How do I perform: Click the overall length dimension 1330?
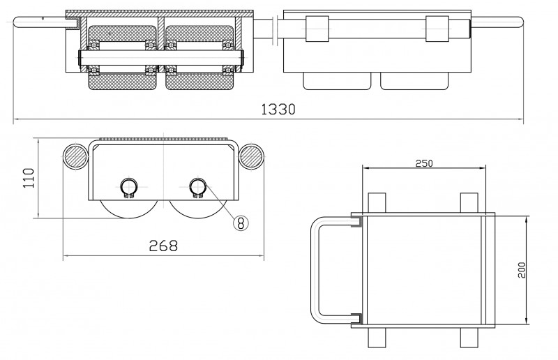pos(278,110)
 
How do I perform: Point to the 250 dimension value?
pos(424,163)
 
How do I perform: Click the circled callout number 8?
pos(240,223)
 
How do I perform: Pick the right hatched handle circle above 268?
pos(250,156)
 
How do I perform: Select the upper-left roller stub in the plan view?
pos(376,202)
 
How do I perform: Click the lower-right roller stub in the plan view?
pos(469,338)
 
